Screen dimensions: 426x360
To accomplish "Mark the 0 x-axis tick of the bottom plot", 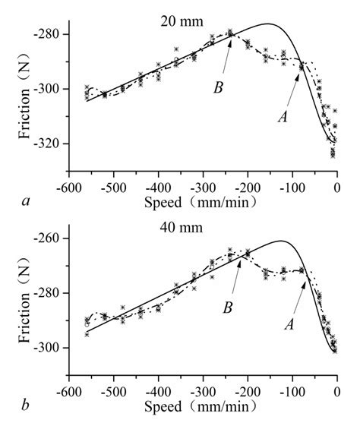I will point(337,394).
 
